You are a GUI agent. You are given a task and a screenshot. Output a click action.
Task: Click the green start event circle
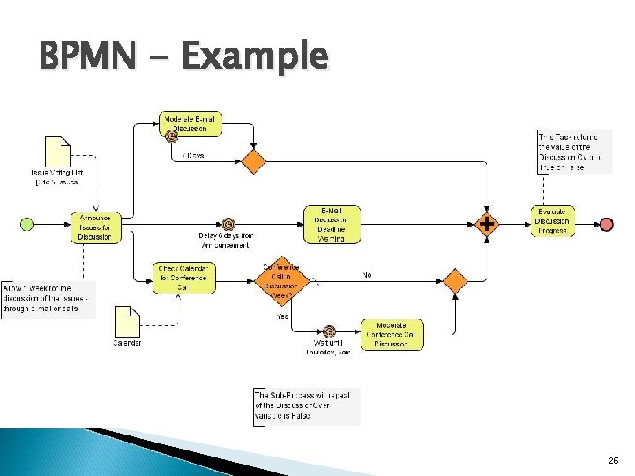pyautogui.click(x=27, y=225)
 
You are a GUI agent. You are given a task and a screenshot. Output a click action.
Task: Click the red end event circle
pyautogui.click(x=607, y=225)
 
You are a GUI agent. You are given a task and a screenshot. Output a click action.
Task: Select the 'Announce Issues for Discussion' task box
pyautogui.click(x=95, y=226)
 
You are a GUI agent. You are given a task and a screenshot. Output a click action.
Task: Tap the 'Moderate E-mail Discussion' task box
pyautogui.click(x=190, y=123)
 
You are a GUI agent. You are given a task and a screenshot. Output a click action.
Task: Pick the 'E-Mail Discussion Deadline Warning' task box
pyautogui.click(x=331, y=224)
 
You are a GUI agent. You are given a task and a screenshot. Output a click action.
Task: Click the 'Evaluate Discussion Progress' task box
pyautogui.click(x=553, y=220)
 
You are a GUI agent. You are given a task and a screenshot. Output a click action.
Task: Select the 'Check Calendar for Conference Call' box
pyautogui.click(x=183, y=277)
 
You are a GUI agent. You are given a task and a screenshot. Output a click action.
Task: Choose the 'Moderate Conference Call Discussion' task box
pyautogui.click(x=392, y=334)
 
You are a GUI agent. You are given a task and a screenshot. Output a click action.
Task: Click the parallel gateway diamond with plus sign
pyautogui.click(x=487, y=224)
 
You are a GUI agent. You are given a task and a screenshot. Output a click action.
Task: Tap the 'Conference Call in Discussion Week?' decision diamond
pyautogui.click(x=282, y=282)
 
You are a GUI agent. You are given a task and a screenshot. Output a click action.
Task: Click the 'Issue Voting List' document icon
pyautogui.click(x=57, y=152)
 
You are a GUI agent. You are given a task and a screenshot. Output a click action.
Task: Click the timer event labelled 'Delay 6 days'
pyautogui.click(x=228, y=224)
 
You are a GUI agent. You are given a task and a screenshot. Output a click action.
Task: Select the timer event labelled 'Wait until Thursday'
pyautogui.click(x=329, y=332)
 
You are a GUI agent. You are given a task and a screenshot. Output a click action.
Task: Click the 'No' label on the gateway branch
pyautogui.click(x=368, y=275)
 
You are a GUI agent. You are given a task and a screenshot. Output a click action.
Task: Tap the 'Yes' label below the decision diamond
pyautogui.click(x=282, y=316)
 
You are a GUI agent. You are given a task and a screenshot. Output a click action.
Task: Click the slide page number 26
pyautogui.click(x=614, y=460)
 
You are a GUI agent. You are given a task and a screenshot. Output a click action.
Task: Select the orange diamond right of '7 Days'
pyautogui.click(x=254, y=161)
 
